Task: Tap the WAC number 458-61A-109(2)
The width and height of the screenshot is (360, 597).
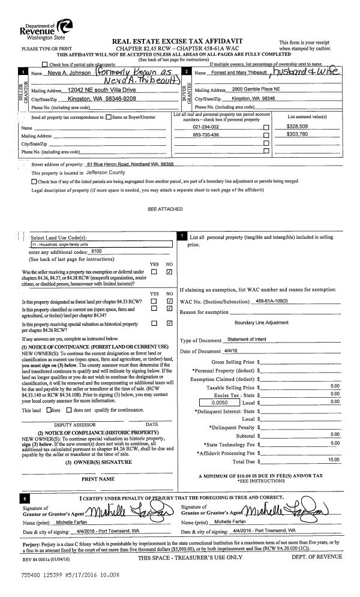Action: point(275,300)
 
